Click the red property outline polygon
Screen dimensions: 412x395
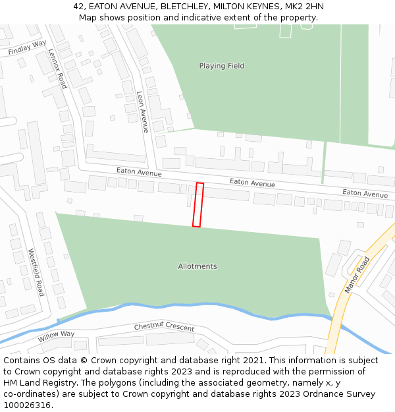pos(197,205)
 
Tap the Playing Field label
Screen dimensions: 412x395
pos(222,66)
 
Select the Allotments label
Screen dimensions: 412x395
pos(197,266)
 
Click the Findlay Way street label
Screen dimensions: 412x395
pos(27,47)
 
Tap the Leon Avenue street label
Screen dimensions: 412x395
pos(143,111)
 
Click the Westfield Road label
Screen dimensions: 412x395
pos(36,272)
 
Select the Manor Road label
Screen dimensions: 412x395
pos(357,275)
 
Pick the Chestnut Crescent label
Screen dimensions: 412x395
pos(164,327)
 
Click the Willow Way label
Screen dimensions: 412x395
pos(56,337)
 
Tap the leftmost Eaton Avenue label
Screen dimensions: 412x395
pos(139,172)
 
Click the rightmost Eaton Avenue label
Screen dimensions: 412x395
pos(365,193)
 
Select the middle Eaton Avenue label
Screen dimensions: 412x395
pos(252,183)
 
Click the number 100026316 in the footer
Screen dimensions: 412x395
pos(28,405)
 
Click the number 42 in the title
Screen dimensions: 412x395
pos(79,6)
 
